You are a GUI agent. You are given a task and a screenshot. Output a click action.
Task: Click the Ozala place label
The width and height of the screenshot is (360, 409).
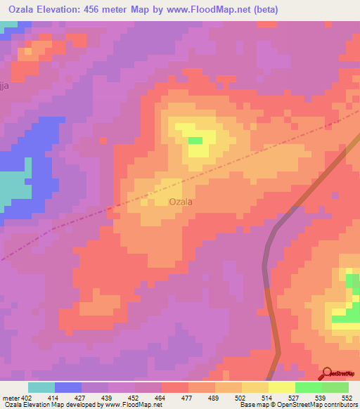coord(181,202)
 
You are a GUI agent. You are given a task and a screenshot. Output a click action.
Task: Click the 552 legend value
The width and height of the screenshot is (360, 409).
coord(347,398)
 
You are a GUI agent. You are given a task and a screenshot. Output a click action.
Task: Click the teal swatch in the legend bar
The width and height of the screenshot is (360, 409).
coord(41,387)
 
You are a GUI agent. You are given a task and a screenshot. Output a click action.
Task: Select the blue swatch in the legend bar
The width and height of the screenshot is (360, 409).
coord(68,387)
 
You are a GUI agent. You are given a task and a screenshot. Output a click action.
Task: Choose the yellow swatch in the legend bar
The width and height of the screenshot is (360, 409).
coord(281,387)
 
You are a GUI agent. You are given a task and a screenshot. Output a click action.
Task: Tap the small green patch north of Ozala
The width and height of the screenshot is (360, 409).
coord(195,141)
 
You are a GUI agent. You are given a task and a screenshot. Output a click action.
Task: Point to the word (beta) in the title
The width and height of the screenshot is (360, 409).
coord(266,10)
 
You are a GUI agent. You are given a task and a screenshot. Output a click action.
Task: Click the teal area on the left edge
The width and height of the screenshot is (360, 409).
coord(14,184)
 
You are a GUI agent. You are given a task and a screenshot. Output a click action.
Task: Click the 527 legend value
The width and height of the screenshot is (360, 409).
coord(295,398)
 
